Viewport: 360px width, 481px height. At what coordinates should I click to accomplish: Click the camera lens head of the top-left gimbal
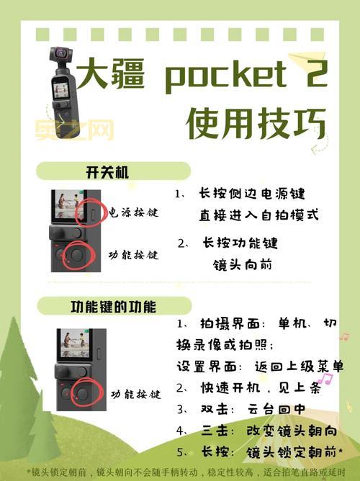[61, 55]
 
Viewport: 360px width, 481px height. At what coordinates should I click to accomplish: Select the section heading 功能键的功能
[112, 306]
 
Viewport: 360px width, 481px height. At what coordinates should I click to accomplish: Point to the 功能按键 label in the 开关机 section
[133, 256]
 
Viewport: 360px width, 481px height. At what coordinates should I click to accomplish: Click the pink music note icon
[325, 378]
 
